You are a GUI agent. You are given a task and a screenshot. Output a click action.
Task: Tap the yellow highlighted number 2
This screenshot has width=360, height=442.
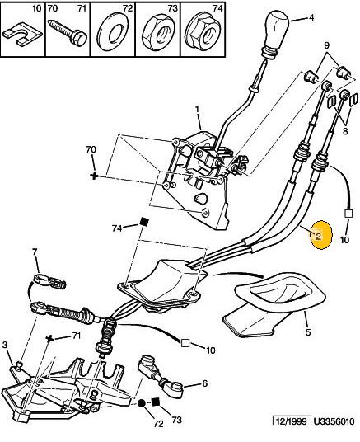(x=318, y=236)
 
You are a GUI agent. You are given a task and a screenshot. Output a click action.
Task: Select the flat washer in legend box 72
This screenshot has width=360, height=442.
(x=112, y=35)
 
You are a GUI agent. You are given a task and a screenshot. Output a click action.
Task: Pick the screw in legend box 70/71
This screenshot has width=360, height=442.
(x=68, y=31)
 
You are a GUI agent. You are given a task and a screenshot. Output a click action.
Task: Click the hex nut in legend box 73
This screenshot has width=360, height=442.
(x=157, y=35)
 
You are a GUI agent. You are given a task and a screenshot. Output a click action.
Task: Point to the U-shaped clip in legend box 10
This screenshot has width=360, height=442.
(x=21, y=35)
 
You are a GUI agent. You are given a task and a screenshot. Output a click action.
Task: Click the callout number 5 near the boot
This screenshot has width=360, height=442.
(x=308, y=332)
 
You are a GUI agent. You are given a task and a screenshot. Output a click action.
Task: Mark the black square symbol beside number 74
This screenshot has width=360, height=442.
(x=144, y=222)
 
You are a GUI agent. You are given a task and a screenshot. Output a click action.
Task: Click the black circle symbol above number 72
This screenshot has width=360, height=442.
(x=142, y=403)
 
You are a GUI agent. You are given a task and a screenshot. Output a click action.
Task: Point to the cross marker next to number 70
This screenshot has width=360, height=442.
(x=94, y=176)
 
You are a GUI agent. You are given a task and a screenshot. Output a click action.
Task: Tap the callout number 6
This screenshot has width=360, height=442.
(x=205, y=383)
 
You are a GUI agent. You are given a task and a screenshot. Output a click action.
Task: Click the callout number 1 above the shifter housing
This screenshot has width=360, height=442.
(x=197, y=109)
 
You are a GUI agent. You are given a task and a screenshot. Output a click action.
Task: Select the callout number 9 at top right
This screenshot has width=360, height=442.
(x=326, y=45)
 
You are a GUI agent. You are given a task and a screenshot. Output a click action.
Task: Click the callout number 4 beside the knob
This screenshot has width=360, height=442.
(x=311, y=17)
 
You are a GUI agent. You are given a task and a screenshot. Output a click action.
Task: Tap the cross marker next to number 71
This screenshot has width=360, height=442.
(x=50, y=338)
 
